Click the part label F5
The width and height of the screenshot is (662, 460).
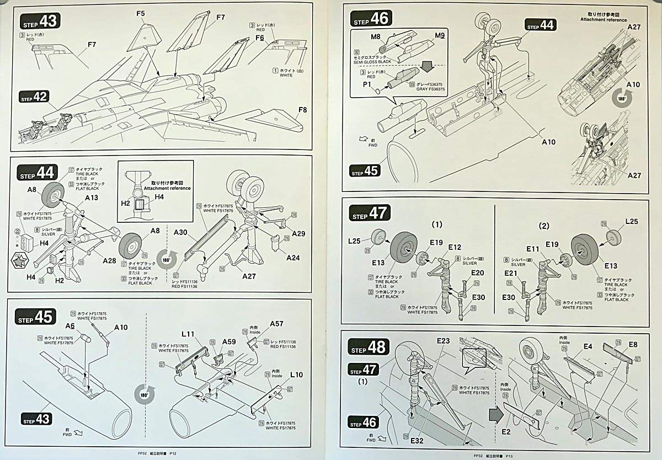(x=140, y=13)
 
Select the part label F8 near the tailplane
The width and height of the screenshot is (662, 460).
(x=302, y=110)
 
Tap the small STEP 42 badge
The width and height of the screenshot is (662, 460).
(x=35, y=97)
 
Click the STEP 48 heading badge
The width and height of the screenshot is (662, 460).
(x=369, y=347)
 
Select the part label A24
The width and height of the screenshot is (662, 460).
(x=294, y=257)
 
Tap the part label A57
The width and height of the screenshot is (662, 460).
(x=276, y=324)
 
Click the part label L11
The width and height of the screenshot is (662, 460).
(x=188, y=334)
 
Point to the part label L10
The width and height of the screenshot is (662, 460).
(x=296, y=375)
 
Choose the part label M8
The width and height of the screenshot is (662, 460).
(x=376, y=37)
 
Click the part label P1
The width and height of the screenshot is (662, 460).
(x=367, y=85)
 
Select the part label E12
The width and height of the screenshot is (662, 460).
(x=455, y=247)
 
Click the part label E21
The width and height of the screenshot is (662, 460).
(x=511, y=273)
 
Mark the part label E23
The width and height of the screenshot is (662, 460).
(x=443, y=340)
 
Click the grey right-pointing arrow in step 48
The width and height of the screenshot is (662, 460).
(x=495, y=411)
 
